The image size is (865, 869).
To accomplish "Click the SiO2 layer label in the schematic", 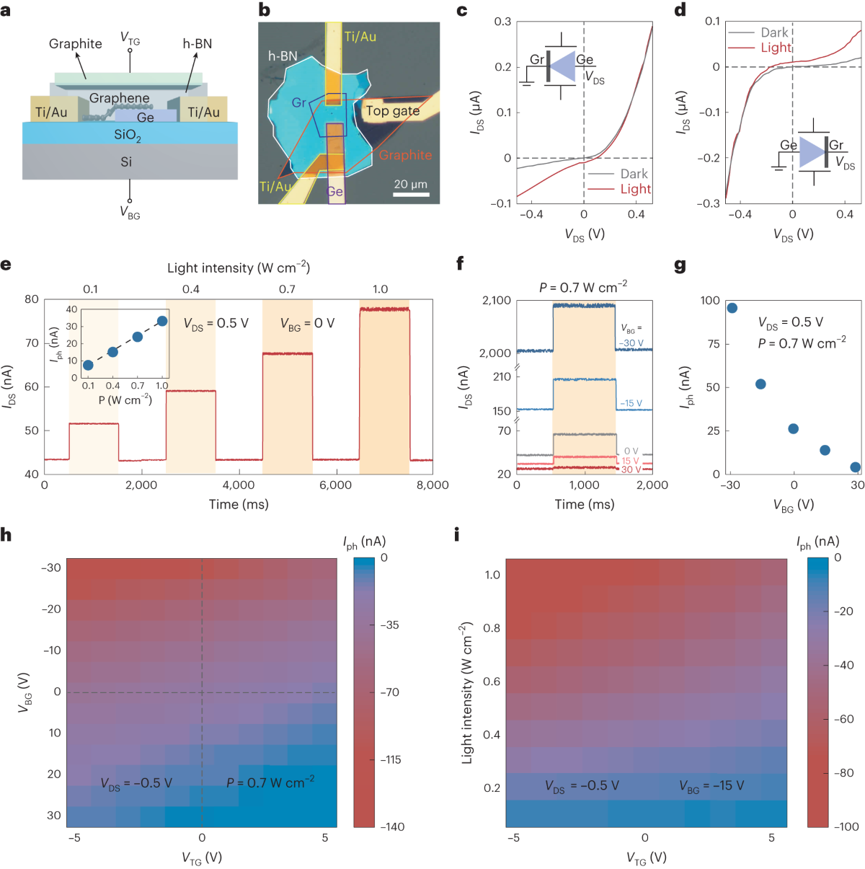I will tap(128, 135).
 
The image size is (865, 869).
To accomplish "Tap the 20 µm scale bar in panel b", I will tap(411, 194).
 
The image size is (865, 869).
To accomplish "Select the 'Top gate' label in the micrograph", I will tap(392, 110).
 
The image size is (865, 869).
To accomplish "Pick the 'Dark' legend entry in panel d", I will tap(774, 32).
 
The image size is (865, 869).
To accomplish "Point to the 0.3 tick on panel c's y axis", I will tap(502, 22).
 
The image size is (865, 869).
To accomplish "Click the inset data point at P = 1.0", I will tap(162, 321).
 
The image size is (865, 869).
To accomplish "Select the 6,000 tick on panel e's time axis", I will tap(335, 485).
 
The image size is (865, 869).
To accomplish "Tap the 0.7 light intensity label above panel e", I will tap(287, 289).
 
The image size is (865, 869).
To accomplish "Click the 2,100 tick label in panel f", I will tap(497, 301).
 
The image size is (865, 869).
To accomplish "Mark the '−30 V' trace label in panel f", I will tap(631, 343).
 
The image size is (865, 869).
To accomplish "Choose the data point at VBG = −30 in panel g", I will tap(732, 308).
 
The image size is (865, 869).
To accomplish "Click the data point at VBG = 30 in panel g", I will tap(856, 467).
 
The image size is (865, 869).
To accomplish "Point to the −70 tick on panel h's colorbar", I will tap(390, 692).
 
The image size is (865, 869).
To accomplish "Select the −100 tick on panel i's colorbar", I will tap(846, 826).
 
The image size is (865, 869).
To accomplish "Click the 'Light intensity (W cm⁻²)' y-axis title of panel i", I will tap(467, 692).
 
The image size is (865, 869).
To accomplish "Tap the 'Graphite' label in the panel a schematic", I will tap(75, 44).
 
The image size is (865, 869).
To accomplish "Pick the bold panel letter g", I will tap(680, 265).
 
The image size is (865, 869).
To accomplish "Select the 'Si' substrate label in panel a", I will tap(126, 162).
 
